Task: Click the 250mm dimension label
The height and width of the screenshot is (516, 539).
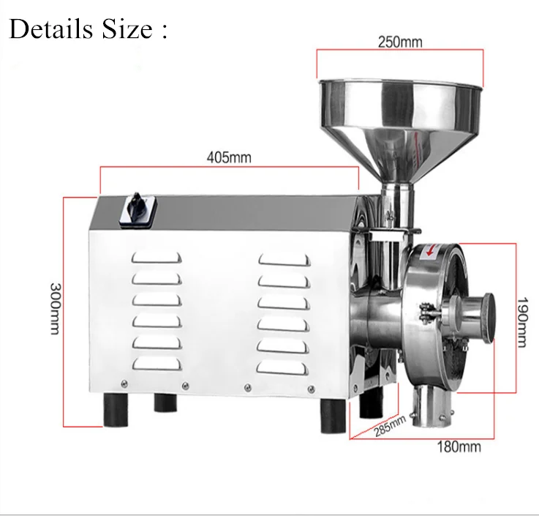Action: point(400,42)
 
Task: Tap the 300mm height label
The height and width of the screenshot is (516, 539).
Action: point(53,308)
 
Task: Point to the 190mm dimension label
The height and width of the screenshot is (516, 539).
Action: point(521,321)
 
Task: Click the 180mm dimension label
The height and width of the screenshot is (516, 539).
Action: point(459,446)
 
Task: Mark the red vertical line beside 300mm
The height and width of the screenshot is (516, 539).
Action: point(65,311)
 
